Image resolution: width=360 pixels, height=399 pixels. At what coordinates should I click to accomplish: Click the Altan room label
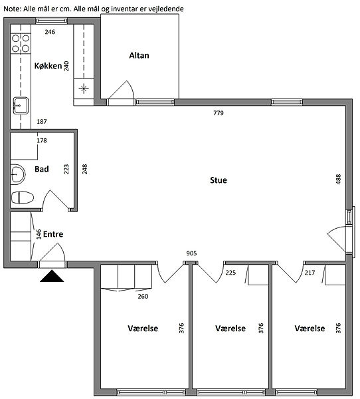click(139, 55)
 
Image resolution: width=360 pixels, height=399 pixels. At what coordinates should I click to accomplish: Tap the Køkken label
click(48, 66)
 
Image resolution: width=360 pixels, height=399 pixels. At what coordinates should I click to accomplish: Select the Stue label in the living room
click(219, 180)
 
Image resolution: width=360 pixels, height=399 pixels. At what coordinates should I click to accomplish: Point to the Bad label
click(42, 169)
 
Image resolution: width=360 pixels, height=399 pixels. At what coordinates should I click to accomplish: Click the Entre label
click(53, 234)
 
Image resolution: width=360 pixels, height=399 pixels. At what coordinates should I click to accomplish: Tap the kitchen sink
click(21, 106)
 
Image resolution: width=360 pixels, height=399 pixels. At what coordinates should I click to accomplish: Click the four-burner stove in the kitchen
click(21, 43)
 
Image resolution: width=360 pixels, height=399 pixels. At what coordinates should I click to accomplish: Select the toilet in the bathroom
click(23, 198)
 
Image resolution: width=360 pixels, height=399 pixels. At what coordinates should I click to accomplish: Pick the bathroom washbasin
click(18, 174)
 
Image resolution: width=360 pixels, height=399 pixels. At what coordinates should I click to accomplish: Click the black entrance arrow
click(52, 276)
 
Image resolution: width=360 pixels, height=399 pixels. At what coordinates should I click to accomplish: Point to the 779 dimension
click(219, 113)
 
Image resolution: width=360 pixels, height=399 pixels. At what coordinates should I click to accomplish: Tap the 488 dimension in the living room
click(338, 180)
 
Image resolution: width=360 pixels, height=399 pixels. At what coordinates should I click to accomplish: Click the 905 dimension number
click(191, 253)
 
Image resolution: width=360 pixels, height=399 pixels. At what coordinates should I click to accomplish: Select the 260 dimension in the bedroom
click(143, 296)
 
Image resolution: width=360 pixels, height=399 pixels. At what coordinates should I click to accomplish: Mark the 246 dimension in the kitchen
click(50, 32)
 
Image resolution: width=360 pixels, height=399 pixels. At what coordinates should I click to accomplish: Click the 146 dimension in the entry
click(39, 234)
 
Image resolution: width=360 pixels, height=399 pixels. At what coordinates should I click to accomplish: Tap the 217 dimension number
click(310, 273)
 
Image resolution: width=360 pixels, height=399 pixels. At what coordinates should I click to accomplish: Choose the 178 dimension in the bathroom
click(42, 140)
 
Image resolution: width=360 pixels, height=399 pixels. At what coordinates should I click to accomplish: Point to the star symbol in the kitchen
click(84, 89)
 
